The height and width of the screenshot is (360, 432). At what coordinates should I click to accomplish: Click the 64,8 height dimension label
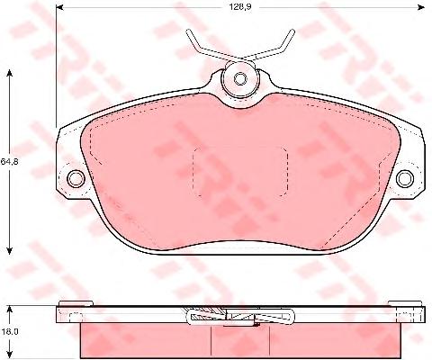point(9,162)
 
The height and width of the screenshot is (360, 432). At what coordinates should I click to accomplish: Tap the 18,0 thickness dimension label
point(9,332)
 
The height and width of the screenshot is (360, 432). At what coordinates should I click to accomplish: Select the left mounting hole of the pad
point(76,178)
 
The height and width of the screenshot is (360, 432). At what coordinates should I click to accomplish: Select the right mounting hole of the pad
point(405,178)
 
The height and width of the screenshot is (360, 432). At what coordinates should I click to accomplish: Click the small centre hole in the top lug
point(239,78)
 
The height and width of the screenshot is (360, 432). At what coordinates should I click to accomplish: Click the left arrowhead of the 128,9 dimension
point(60,7)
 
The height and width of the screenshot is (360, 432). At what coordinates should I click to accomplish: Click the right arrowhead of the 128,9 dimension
point(421,7)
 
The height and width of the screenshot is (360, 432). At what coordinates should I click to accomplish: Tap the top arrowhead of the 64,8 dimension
point(10,73)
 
